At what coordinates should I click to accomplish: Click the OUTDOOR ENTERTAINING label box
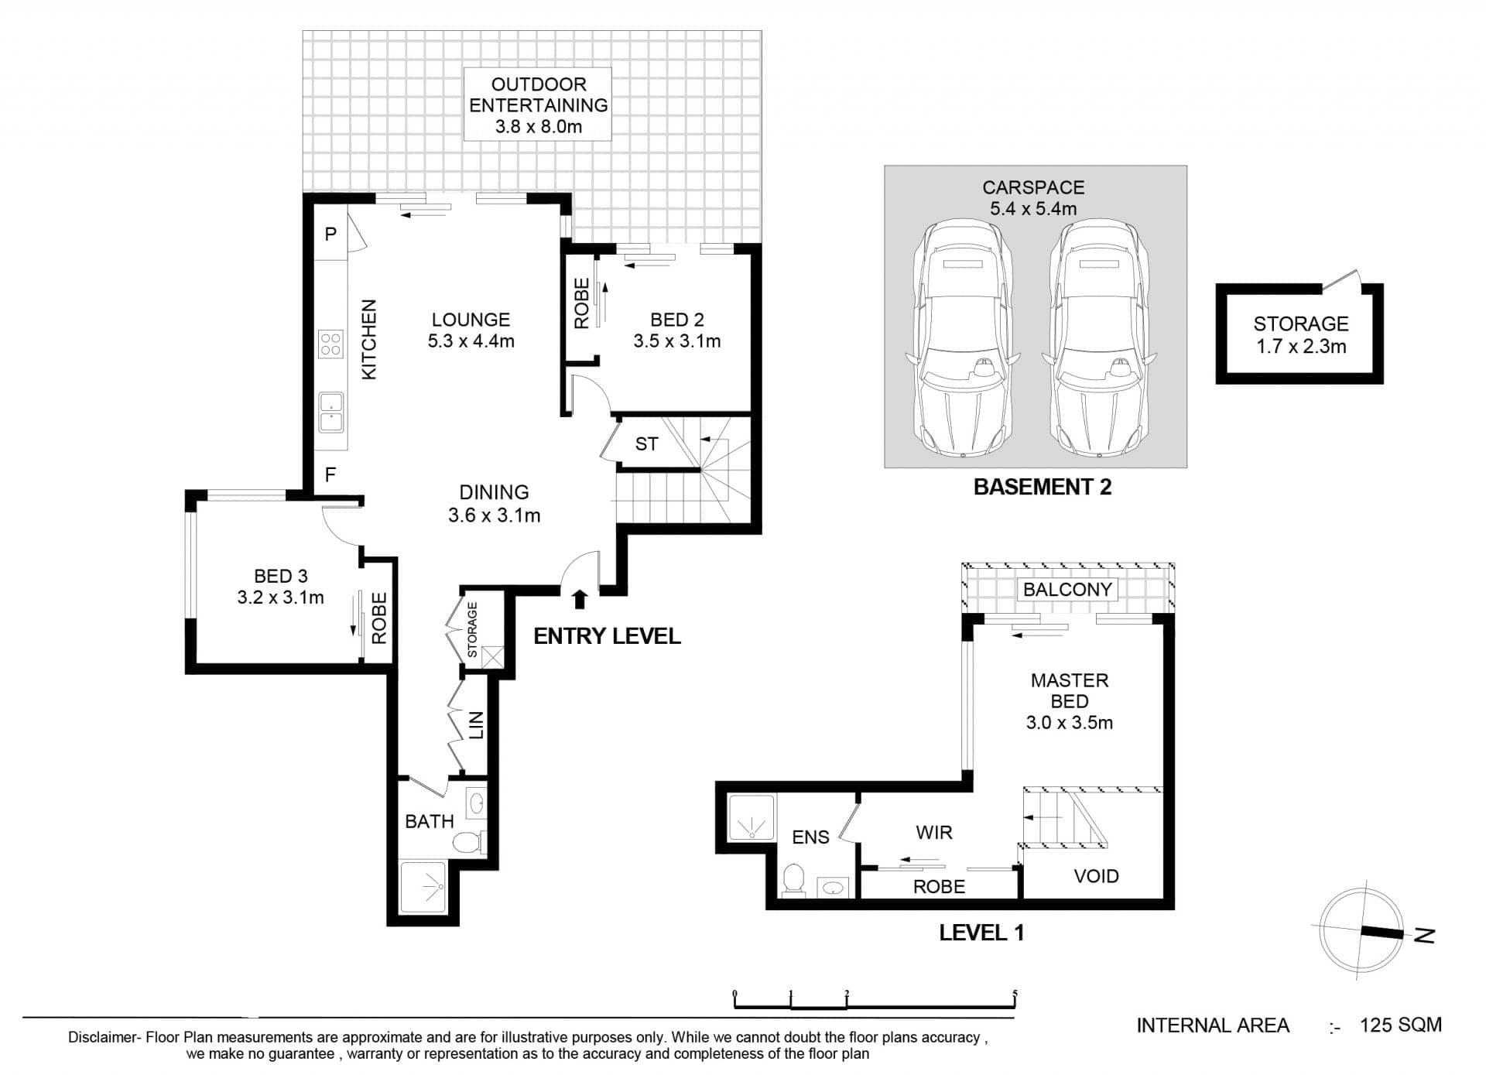click(x=537, y=104)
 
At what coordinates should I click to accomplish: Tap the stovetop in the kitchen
click(x=330, y=343)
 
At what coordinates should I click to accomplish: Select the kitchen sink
click(x=331, y=413)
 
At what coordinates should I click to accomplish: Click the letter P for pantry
click(x=330, y=234)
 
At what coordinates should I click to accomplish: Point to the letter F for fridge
click(x=330, y=474)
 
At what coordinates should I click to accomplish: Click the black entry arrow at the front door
click(x=580, y=599)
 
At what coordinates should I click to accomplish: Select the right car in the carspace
click(x=1100, y=339)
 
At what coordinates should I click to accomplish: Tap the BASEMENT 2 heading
click(x=1042, y=487)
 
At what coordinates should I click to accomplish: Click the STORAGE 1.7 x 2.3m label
click(x=1301, y=335)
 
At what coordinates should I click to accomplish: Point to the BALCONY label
click(x=1067, y=590)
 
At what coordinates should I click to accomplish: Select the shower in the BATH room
click(x=423, y=886)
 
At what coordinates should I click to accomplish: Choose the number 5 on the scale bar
click(x=1015, y=995)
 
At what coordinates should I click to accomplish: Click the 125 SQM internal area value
click(x=1401, y=1025)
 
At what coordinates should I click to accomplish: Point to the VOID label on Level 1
click(x=1096, y=876)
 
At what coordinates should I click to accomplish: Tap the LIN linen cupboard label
click(x=476, y=725)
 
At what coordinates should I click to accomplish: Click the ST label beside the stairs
click(x=646, y=444)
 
